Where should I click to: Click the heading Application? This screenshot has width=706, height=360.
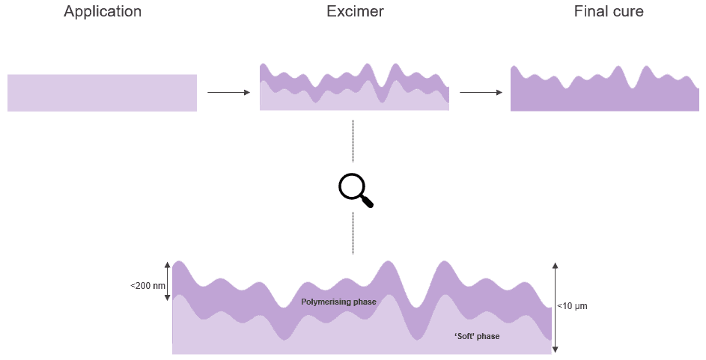point(103,12)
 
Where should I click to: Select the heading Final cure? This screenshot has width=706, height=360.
point(609,12)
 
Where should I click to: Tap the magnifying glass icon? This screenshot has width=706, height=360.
point(354,189)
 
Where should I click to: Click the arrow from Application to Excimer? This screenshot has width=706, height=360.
point(228,92)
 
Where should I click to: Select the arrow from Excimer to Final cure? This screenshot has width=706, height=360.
point(481,92)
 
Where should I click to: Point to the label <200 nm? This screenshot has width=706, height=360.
point(146,286)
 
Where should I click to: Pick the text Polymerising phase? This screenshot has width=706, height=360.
point(338,302)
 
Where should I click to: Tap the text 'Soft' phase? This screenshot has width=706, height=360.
point(477,336)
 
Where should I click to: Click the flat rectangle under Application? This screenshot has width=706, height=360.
point(102,93)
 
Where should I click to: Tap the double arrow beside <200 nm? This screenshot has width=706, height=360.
point(168,281)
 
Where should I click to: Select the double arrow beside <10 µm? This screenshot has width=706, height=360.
point(556,307)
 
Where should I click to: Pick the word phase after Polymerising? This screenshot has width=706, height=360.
point(363,302)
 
